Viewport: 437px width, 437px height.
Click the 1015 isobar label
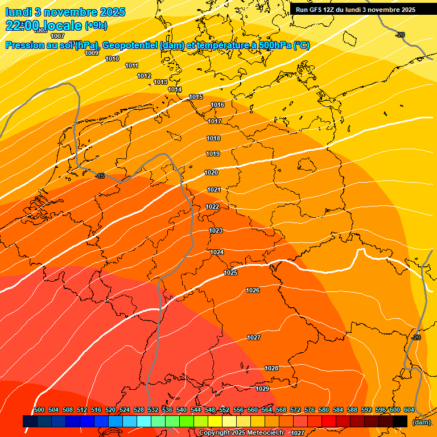[x=196, y=97]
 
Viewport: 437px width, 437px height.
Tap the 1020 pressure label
[x=211, y=172]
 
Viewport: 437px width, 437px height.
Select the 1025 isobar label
[x=230, y=273]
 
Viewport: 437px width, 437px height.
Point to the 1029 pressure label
[x=262, y=389]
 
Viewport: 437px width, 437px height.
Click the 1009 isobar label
[x=92, y=53]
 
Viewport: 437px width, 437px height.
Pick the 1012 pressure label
[x=144, y=76]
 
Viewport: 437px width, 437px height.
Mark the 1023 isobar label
[x=216, y=231]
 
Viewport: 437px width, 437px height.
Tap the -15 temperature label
[x=100, y=176]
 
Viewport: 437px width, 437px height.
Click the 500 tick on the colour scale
[x=39, y=410]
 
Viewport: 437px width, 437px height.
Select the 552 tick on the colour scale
[x=224, y=410]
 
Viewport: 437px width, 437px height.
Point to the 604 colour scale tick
[x=409, y=410]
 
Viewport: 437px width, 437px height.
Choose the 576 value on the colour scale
[x=310, y=410]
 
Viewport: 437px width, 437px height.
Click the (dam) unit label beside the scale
[x=421, y=422]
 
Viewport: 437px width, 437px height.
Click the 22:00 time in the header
[x=22, y=26]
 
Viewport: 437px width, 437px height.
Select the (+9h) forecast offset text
[x=96, y=26]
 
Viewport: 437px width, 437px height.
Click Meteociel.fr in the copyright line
[x=265, y=433]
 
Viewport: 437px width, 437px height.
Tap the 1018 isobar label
[x=213, y=139]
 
